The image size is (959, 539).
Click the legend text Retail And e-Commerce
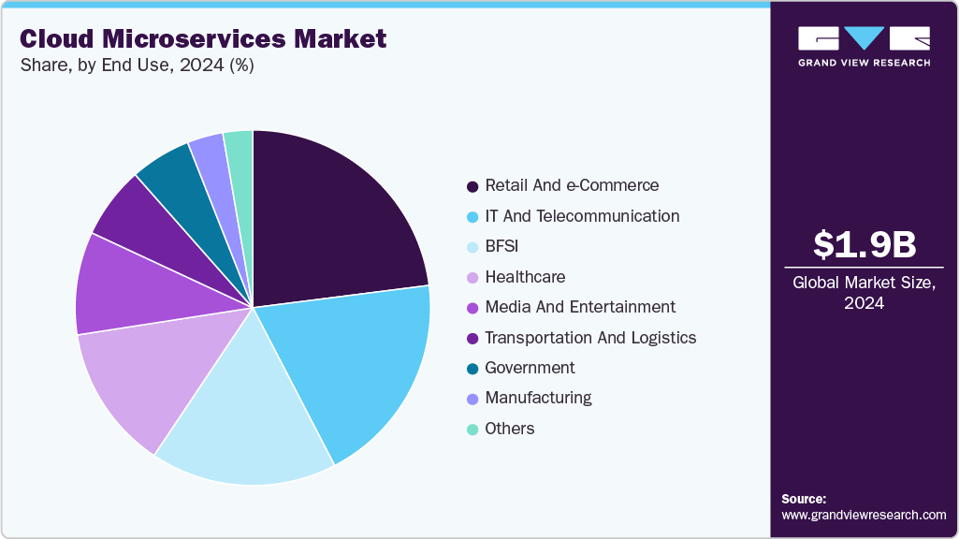coord(572,185)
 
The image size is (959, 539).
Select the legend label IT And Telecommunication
coord(582,216)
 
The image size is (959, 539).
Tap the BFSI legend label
coord(501,246)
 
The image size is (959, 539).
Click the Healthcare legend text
coord(525,277)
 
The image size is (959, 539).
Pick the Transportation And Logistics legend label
coord(590,338)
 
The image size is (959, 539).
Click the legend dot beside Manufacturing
coord(472,399)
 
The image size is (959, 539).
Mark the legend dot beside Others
coord(472,430)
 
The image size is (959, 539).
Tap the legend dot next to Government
coord(472,369)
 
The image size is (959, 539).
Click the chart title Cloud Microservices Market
coord(203,38)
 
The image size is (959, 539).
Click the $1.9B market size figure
coord(864,244)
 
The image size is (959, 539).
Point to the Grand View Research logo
coord(864,46)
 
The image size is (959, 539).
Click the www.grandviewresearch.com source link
coord(864,515)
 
